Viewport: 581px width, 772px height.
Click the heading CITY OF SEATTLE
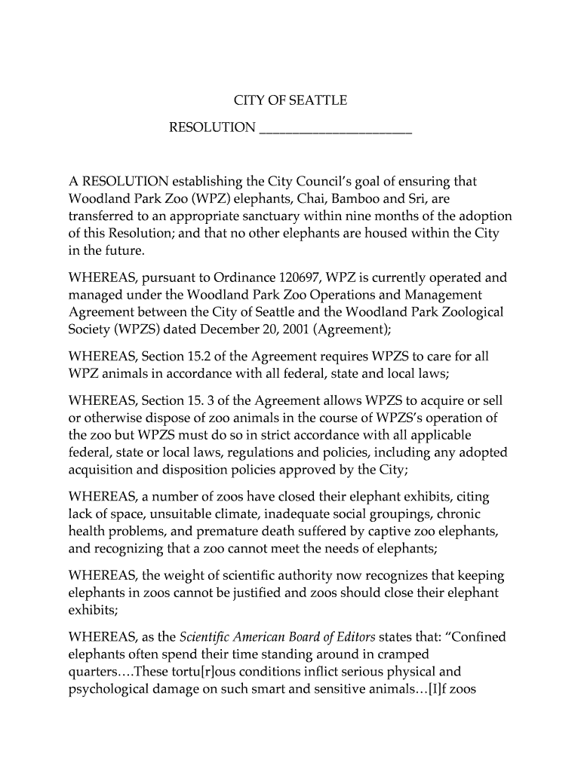(x=290, y=100)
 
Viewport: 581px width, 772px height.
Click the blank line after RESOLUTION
(x=335, y=128)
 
